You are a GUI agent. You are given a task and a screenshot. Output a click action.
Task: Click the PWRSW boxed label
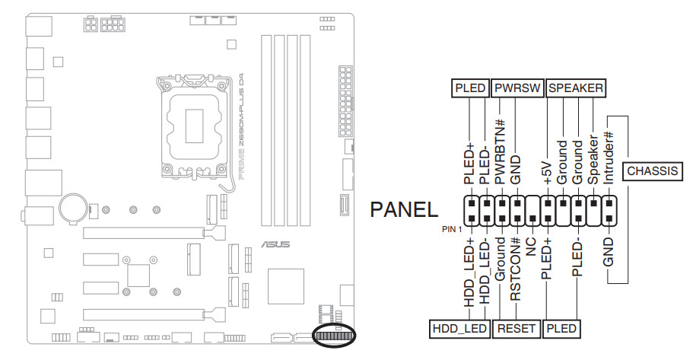[x=517, y=88]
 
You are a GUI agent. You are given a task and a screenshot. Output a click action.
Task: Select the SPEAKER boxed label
[x=576, y=88]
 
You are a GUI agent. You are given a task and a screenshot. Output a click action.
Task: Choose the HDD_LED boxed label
[x=459, y=329]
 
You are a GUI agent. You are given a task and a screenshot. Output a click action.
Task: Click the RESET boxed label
[x=517, y=329]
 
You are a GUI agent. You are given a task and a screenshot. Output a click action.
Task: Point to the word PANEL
[x=404, y=211]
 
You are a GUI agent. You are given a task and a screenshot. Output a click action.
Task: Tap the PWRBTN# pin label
[x=501, y=151]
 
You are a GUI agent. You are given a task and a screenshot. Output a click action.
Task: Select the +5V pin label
[x=547, y=171]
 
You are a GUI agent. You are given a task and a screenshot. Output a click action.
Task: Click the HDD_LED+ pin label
[x=470, y=273]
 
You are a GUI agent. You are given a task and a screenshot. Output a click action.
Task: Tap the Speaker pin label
[x=593, y=161]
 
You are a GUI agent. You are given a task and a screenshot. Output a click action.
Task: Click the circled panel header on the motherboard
[x=334, y=336]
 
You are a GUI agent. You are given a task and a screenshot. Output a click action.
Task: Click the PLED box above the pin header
[x=470, y=88]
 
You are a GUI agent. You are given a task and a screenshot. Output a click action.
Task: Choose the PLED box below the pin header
[x=561, y=329]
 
